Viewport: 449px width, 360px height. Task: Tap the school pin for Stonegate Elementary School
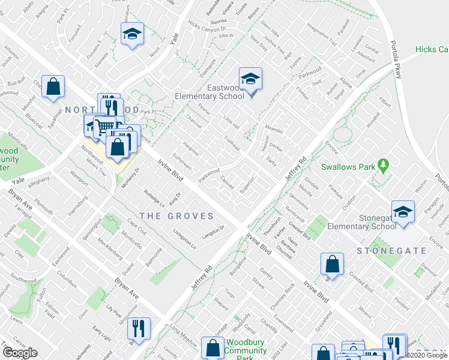(x=403, y=211)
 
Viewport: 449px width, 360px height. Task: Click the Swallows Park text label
(x=348, y=166)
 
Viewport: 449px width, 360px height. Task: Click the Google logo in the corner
(x=20, y=352)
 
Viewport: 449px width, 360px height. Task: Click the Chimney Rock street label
(x=282, y=295)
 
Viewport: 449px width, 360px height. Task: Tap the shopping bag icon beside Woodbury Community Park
(x=212, y=348)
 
